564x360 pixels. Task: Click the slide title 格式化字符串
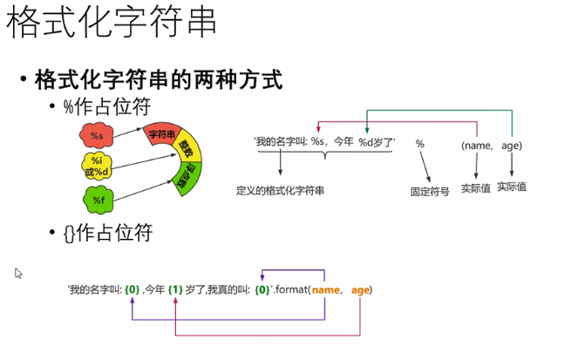pyautogui.click(x=112, y=24)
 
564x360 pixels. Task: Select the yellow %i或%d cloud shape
pyautogui.click(x=96, y=165)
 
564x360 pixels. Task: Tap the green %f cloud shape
pyautogui.click(x=96, y=201)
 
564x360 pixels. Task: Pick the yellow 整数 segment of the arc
pyautogui.click(x=184, y=147)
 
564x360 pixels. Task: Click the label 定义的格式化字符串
pyautogui.click(x=280, y=189)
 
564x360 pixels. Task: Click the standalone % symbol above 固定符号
pyautogui.click(x=419, y=143)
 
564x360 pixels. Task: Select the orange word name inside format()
pyautogui.click(x=325, y=289)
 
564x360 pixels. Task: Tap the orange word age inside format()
pyautogui.click(x=361, y=289)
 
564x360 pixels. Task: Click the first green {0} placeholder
pyautogui.click(x=133, y=289)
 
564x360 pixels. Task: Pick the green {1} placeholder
pyautogui.click(x=175, y=289)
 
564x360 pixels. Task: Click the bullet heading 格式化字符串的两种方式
pyautogui.click(x=158, y=80)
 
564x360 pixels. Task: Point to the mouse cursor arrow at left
pyautogui.click(x=18, y=273)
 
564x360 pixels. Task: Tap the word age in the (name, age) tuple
pyautogui.click(x=512, y=145)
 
